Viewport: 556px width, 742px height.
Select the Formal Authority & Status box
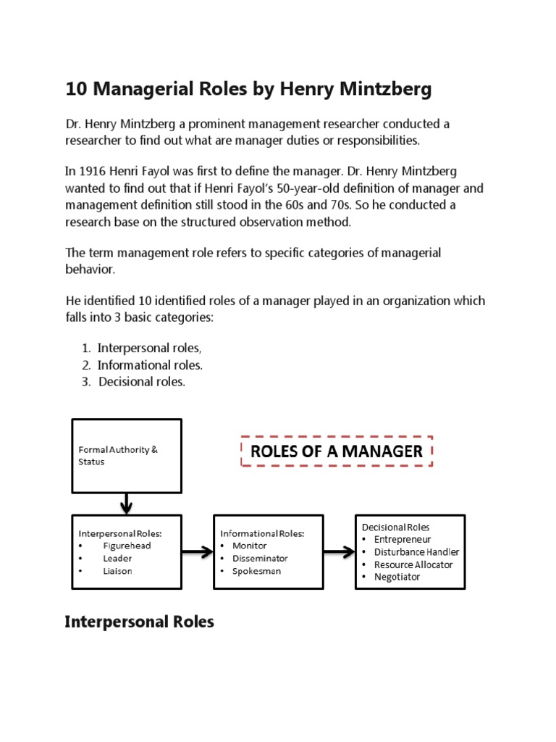(126, 456)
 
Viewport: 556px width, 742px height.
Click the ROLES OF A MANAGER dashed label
(336, 451)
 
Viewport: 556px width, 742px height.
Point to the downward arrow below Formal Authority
(126, 502)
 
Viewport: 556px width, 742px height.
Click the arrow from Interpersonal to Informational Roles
(197, 553)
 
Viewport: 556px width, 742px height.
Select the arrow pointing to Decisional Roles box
(338, 553)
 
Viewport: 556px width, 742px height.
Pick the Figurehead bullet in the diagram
(127, 546)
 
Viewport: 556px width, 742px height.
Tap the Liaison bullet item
(117, 571)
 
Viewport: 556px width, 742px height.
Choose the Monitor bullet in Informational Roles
(249, 546)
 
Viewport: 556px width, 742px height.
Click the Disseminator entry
(260, 559)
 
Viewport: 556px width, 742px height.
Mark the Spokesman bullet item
(256, 571)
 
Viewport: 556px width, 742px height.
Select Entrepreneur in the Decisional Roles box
(403, 539)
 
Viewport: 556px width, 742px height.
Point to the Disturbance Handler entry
(416, 551)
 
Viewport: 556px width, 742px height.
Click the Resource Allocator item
(413, 564)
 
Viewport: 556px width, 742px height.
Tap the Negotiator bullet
(397, 577)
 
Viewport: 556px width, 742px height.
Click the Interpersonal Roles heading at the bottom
(140, 622)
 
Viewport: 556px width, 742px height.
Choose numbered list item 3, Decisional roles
(142, 382)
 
